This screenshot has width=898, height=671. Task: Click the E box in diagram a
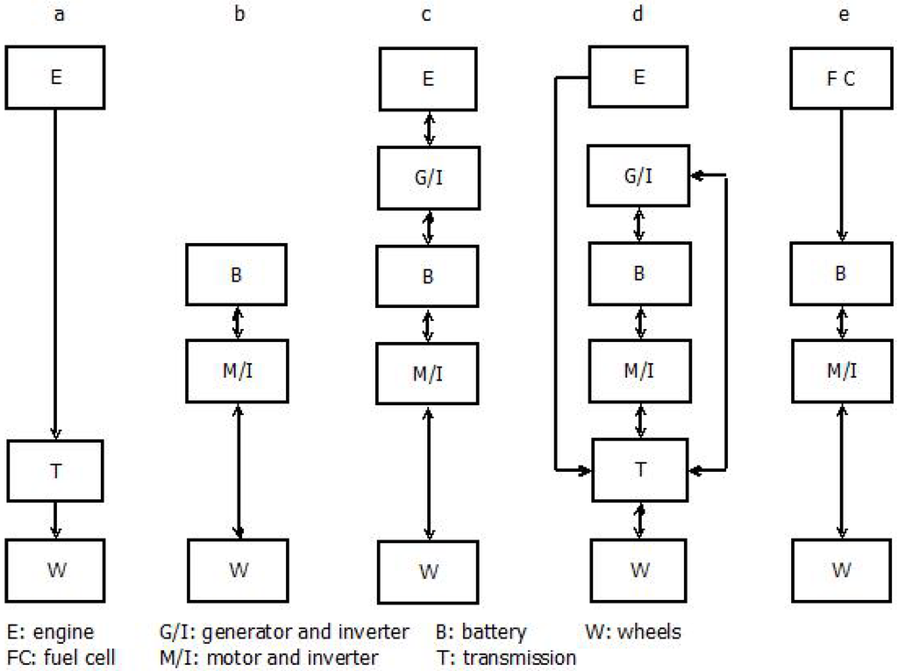click(x=56, y=77)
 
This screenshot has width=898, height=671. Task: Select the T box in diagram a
click(x=56, y=470)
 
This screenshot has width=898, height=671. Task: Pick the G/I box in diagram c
click(x=428, y=177)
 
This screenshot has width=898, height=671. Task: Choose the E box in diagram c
click(x=428, y=78)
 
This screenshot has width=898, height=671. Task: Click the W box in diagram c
click(x=428, y=572)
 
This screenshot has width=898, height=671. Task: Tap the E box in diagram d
click(x=639, y=77)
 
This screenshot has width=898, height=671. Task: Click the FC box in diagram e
click(x=841, y=77)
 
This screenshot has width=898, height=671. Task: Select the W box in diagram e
click(x=841, y=571)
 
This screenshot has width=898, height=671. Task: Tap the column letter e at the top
click(x=843, y=15)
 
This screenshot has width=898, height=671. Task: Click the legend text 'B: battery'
click(x=481, y=632)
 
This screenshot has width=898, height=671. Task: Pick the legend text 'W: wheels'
click(x=633, y=632)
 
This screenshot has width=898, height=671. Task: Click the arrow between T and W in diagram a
click(x=56, y=518)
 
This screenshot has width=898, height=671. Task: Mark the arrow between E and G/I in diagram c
click(x=428, y=128)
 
